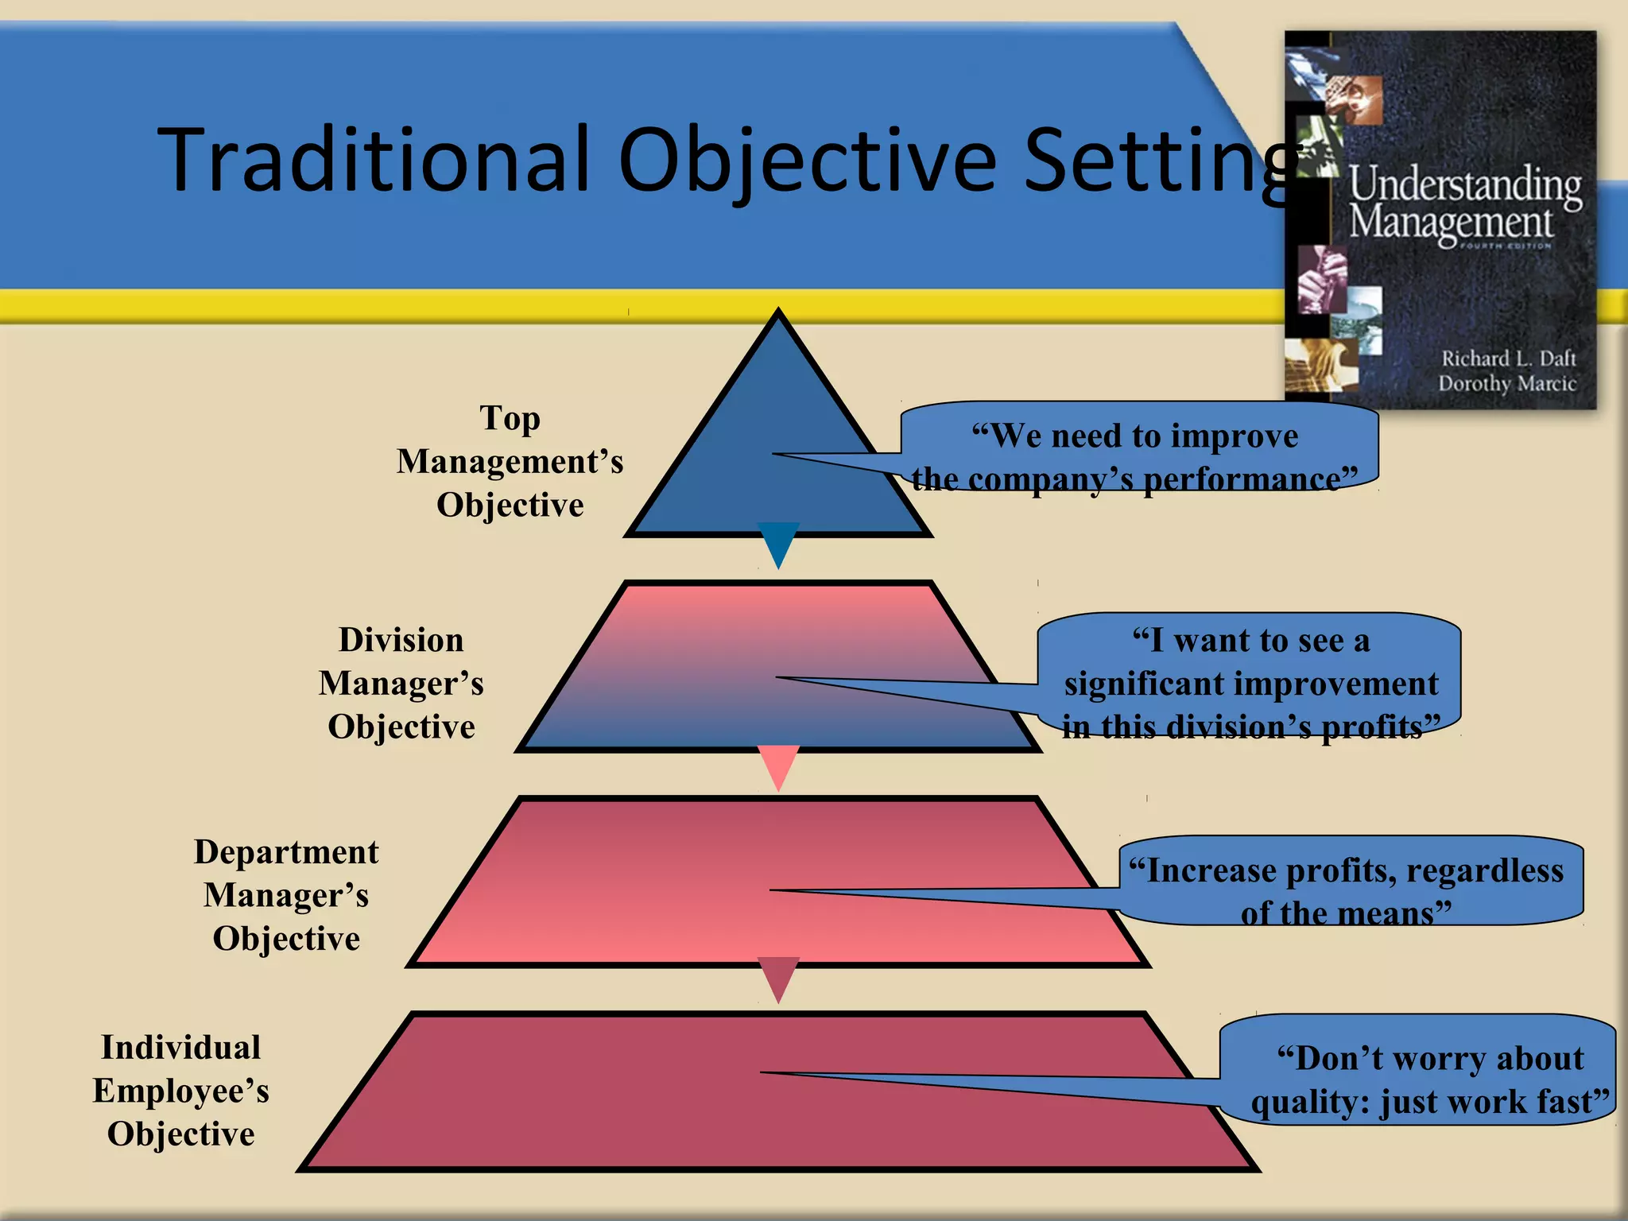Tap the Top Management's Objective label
(x=510, y=461)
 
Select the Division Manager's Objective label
(x=401, y=683)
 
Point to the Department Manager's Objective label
(x=286, y=895)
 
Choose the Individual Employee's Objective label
(x=181, y=1091)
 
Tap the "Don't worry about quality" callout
(x=1419, y=1070)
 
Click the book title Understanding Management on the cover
(x=1463, y=203)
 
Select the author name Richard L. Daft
(x=1508, y=359)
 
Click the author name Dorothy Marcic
(x=1506, y=384)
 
